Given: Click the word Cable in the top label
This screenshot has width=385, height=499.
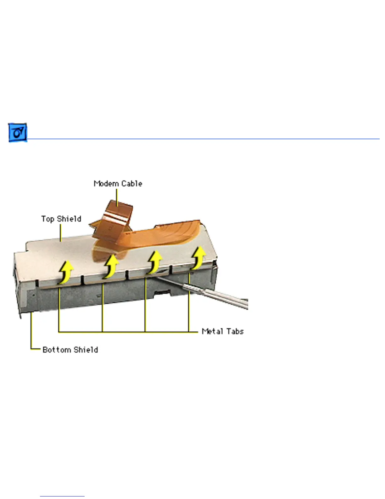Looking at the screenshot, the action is pos(132,184).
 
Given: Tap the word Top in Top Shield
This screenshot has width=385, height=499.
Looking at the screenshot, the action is pos(47,219).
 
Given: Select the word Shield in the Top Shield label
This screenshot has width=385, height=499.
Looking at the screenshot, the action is pos(69,219).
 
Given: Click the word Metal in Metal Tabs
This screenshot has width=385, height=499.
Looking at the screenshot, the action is pos(212,331).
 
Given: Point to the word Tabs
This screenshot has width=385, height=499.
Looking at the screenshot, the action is pos(235,331).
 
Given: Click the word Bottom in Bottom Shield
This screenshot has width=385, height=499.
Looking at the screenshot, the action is pos(57,350).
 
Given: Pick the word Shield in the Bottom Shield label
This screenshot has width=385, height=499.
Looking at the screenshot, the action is pos(86,350).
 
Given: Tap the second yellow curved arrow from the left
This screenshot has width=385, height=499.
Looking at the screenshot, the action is pos(111,267).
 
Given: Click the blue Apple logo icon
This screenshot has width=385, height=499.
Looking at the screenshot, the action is pos(18,133).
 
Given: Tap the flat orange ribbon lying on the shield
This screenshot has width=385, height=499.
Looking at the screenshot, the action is pos(167,235).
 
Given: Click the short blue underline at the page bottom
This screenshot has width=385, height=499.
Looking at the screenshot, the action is pos(62,496).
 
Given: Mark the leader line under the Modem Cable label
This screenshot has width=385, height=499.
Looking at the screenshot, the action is pos(117,197).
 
